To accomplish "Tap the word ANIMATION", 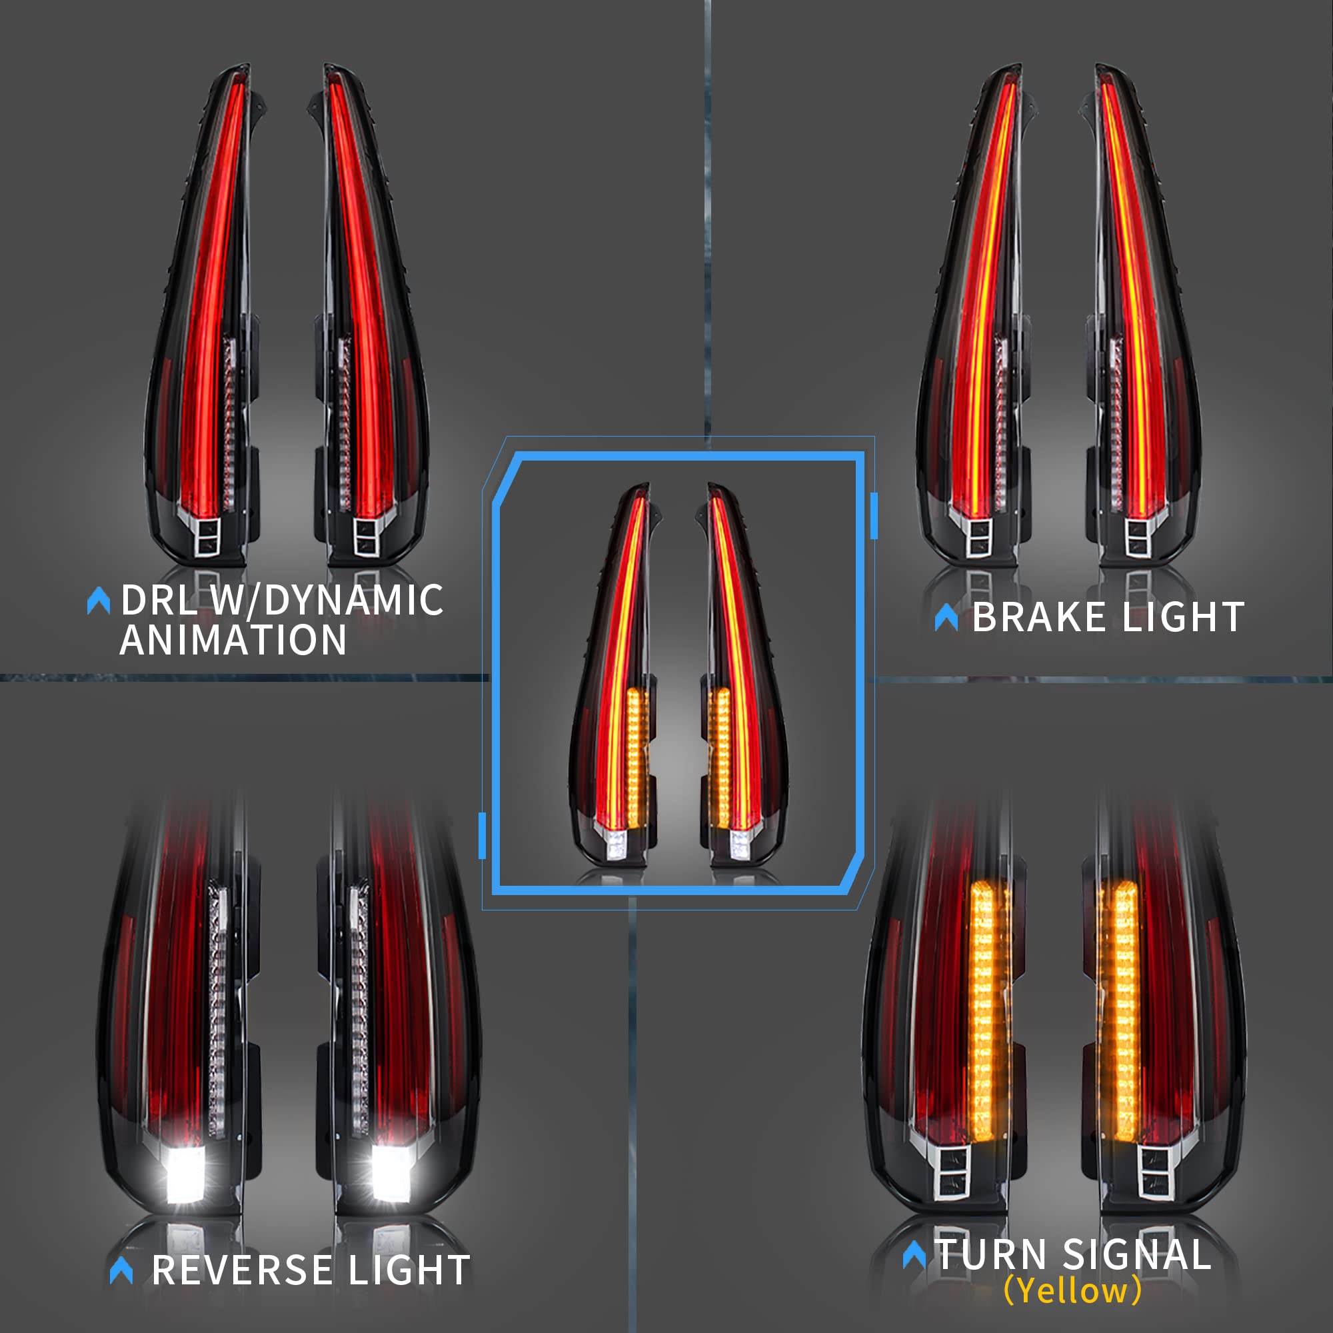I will coord(233,641).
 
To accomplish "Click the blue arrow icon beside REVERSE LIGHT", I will coord(121,1270).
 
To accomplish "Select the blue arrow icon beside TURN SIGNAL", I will coord(914,1254).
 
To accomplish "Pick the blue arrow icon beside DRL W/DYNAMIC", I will coord(99,601).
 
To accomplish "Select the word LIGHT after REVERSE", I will coord(409,1270).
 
